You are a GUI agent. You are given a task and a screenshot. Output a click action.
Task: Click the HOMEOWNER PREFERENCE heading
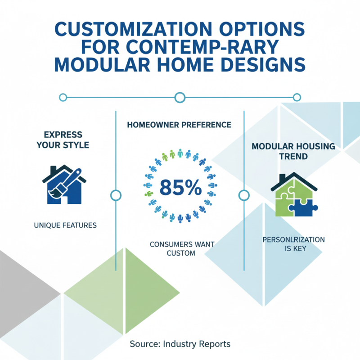(x=180, y=124)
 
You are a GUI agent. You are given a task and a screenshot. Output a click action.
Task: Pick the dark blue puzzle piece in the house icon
(x=303, y=206)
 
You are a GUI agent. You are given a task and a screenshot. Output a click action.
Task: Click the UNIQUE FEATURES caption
(x=65, y=225)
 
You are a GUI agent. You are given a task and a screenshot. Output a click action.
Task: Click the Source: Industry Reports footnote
(x=180, y=344)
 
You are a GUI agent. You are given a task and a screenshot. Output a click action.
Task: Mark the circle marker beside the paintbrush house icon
(x=116, y=195)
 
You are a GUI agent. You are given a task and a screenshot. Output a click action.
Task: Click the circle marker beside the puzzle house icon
(x=243, y=195)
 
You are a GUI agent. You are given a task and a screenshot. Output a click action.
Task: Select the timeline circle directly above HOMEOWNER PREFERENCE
(x=180, y=97)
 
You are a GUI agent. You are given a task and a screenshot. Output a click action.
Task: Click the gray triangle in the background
(x=22, y=288)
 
